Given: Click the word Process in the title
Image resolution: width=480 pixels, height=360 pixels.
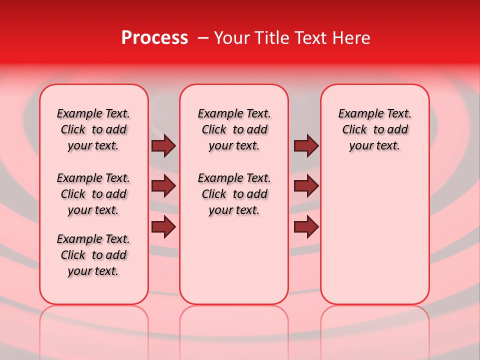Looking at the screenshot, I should (x=154, y=38).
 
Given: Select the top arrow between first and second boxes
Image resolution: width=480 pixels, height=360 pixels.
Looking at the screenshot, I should (x=163, y=146).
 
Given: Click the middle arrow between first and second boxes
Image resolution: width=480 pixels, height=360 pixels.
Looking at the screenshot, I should (x=163, y=186).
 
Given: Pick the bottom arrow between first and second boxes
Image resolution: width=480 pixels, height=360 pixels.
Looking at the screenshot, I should (x=163, y=226).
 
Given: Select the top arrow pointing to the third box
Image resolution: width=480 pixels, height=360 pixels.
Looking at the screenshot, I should (x=306, y=146).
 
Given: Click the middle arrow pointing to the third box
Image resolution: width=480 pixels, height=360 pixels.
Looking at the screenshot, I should (x=306, y=186).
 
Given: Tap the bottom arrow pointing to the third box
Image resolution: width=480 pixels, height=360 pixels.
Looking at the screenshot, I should (x=306, y=226).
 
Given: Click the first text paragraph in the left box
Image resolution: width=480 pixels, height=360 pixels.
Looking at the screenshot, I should (x=93, y=129).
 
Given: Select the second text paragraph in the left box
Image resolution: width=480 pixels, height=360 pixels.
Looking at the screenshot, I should (x=93, y=194).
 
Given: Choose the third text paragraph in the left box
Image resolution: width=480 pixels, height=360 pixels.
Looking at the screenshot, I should (x=93, y=255).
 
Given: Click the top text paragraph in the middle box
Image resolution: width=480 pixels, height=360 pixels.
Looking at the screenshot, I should (x=234, y=129).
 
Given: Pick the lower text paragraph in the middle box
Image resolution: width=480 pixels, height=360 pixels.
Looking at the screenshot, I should (x=234, y=194).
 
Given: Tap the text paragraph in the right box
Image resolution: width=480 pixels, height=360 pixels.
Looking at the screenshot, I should (x=375, y=129).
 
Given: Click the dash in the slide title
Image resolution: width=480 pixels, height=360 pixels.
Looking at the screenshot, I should (x=203, y=38).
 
